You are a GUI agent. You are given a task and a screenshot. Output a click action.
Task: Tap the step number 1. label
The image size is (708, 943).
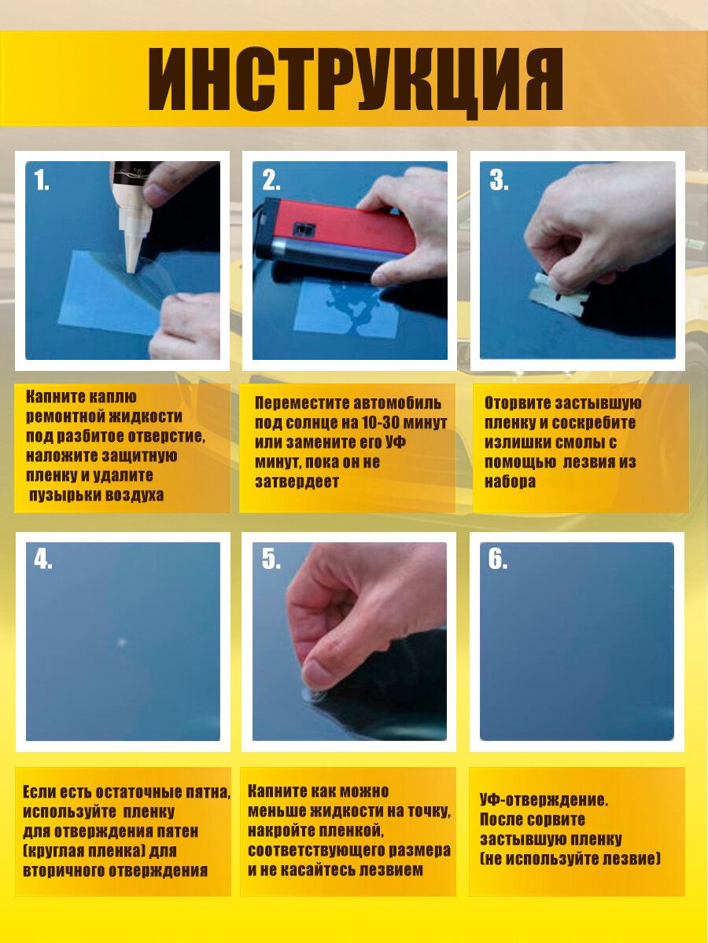coord(42,180)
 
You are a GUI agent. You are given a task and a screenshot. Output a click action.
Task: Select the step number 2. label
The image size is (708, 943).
coord(271,180)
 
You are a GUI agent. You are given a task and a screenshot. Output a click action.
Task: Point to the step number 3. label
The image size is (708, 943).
coord(499,180)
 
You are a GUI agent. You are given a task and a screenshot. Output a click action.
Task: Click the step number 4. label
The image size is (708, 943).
coord(43,560)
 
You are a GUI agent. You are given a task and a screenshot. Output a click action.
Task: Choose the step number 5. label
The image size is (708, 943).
coord(271,560)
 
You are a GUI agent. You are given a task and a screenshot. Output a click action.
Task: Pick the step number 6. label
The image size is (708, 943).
coord(498,560)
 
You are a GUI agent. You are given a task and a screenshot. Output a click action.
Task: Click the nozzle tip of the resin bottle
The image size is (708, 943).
coord(131,271)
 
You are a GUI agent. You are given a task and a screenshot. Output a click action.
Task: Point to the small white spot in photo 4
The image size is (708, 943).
coord(122,642)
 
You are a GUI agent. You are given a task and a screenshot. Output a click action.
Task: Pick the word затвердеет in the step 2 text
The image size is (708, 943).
coord(297,482)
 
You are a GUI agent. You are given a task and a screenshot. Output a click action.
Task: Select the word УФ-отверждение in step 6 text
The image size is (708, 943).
coord(544,800)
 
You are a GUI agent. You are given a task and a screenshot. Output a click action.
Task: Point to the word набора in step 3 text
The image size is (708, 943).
coord(511,482)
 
